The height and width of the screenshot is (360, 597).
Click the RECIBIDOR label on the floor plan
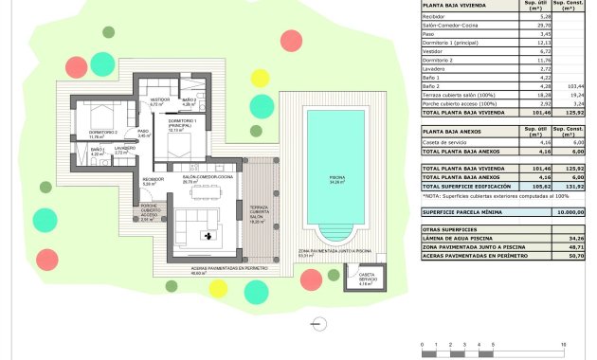click(154, 180)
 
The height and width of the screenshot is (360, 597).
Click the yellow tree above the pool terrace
click(259, 78)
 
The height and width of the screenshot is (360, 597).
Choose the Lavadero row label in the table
click(436, 69)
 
